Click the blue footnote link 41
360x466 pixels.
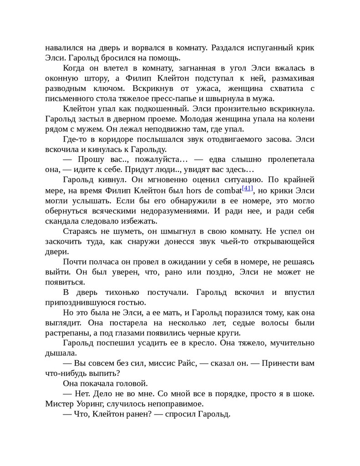coord(248,188)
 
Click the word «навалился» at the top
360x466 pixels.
coord(63,48)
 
